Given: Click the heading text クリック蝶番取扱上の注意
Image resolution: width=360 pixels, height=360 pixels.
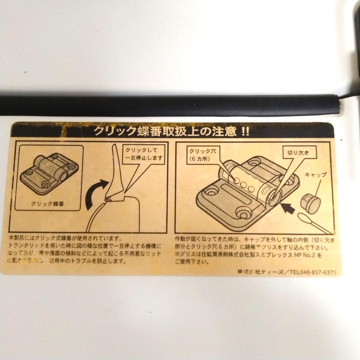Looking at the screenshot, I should [x=165, y=131].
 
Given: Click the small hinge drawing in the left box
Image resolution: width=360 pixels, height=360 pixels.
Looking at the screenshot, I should [x=49, y=173].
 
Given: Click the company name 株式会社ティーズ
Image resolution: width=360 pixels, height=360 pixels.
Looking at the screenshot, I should [x=260, y=272].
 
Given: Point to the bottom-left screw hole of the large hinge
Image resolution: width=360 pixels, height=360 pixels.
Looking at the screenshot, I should [x=211, y=191].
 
